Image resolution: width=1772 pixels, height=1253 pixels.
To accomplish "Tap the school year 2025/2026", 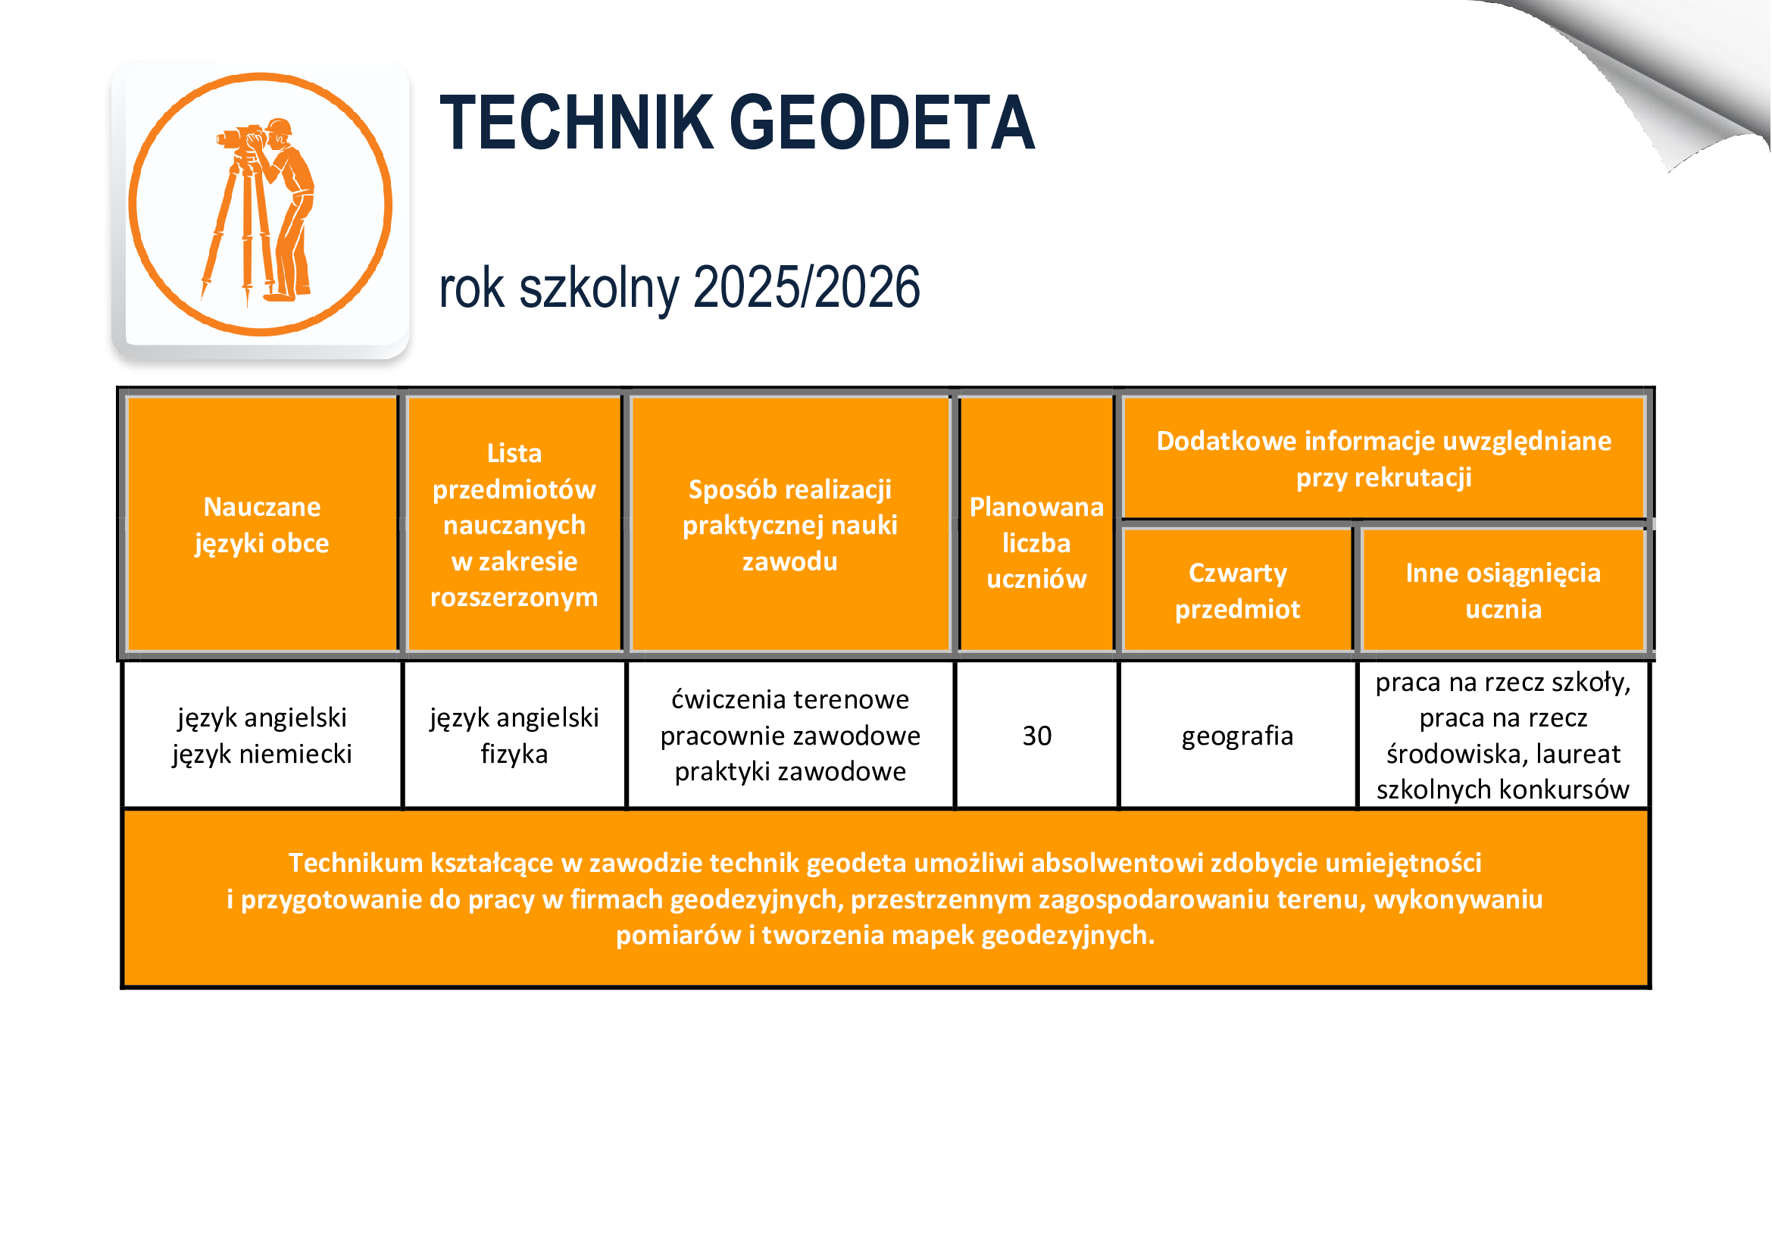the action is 807,287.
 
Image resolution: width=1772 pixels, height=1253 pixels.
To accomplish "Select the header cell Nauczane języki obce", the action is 261,525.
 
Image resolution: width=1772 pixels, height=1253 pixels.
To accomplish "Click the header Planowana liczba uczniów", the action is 1036,525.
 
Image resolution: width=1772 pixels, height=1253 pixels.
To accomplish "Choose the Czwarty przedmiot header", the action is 1237,591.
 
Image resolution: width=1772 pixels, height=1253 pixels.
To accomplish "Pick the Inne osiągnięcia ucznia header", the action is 1503,591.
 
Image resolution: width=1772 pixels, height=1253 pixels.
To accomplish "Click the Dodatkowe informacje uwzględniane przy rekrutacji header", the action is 1384,459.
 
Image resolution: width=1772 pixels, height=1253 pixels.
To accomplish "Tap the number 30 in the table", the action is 1037,736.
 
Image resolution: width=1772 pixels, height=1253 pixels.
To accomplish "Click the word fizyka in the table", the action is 514,754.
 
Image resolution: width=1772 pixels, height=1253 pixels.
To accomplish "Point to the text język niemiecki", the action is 261,754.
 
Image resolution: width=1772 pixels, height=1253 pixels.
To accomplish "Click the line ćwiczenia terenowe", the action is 790,700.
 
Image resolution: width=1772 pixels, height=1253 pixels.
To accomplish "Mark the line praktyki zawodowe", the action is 790,771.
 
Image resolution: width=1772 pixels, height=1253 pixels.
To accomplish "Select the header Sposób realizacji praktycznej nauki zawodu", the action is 790,525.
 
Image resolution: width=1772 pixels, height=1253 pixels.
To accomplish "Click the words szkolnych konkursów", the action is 1502,790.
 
